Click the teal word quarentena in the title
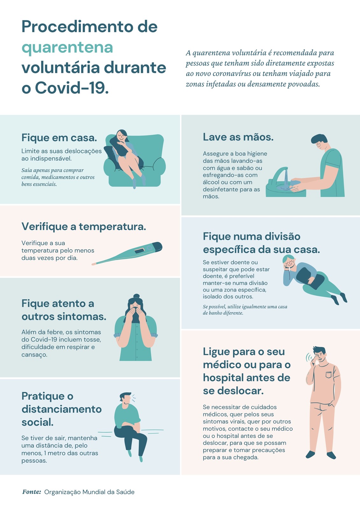(x=67, y=48)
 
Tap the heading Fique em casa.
(x=59, y=138)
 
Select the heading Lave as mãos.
(x=238, y=137)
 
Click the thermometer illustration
(x=127, y=253)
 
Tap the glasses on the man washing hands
(x=319, y=144)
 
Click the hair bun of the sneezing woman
(x=136, y=296)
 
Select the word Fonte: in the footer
(x=32, y=492)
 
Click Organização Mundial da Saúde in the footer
(x=89, y=492)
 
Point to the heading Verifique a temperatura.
(x=84, y=227)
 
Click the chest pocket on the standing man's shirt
(x=328, y=374)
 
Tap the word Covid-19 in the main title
(x=72, y=88)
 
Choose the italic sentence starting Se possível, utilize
(x=245, y=310)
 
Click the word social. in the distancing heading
(x=38, y=422)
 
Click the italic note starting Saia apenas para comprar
(x=58, y=177)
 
